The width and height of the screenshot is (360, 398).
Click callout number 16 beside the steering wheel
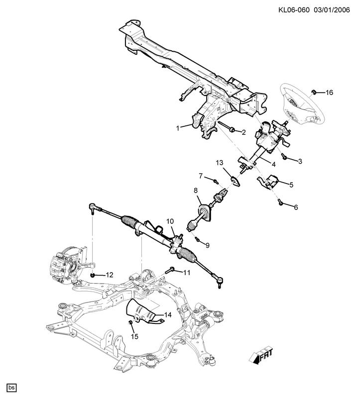pyautogui.click(x=329, y=93)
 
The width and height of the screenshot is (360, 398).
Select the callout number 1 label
pyautogui.click(x=177, y=128)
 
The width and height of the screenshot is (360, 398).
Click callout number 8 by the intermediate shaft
pyautogui.click(x=196, y=190)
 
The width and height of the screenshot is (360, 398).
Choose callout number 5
pyautogui.click(x=291, y=185)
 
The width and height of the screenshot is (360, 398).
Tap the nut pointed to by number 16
pyautogui.click(x=315, y=92)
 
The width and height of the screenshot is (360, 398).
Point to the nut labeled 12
pyautogui.click(x=94, y=275)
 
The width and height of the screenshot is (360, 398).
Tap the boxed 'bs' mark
pyautogui.click(x=12, y=387)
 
